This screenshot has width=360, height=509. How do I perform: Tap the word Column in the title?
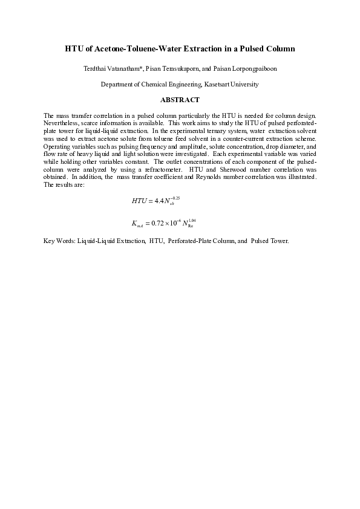tap(280, 48)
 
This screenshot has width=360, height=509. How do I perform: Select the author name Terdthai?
tap(96, 69)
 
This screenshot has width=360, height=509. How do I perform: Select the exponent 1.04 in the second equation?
tap(193, 220)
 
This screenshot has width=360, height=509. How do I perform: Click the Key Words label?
tap(59, 241)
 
